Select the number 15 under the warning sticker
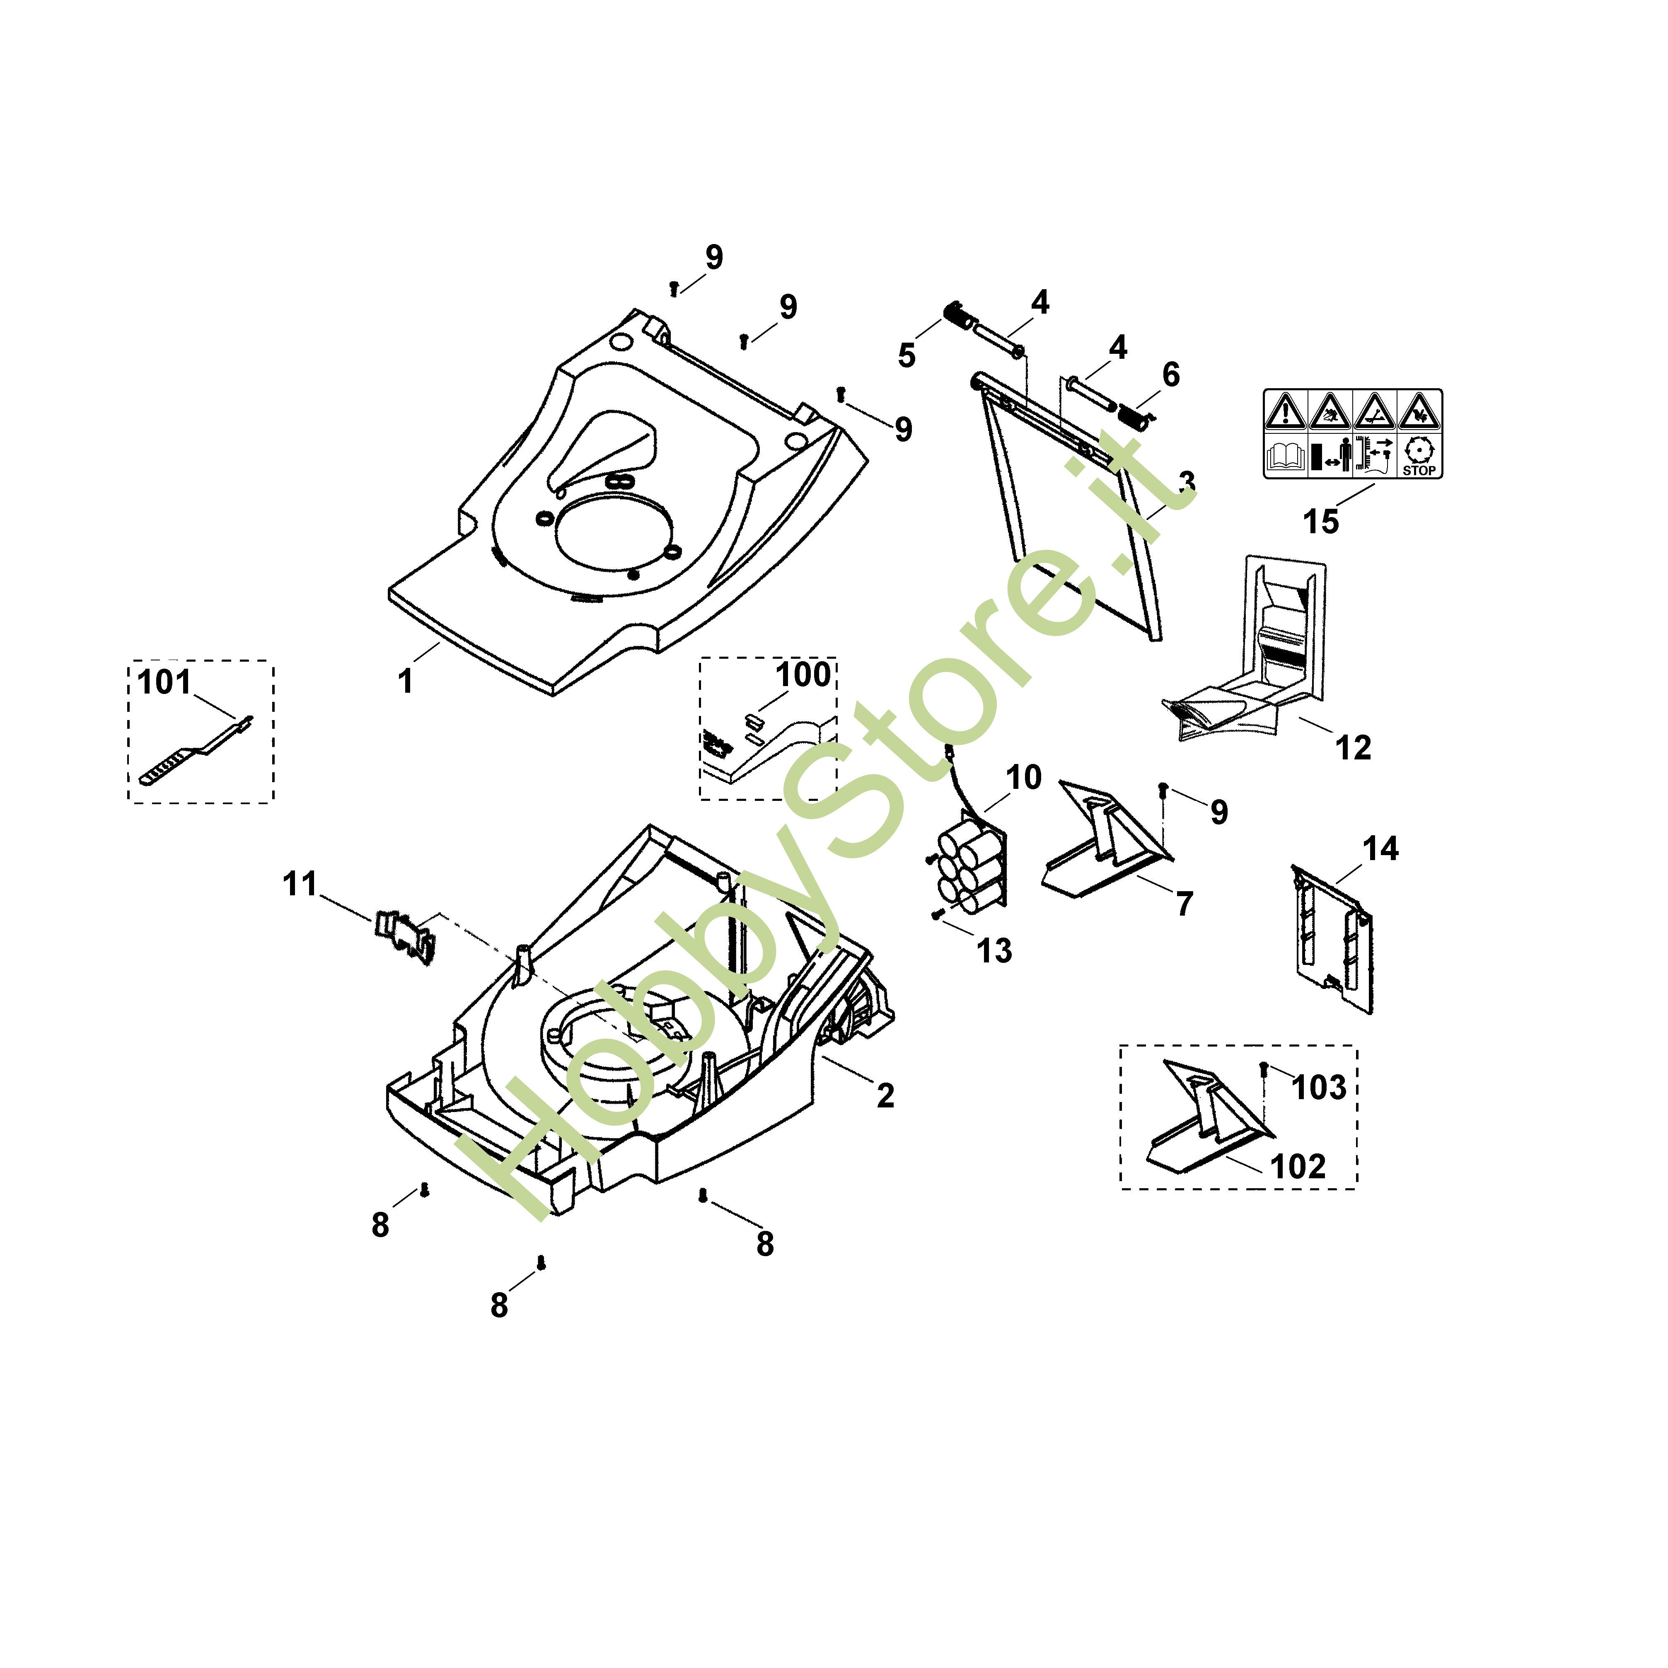tap(1321, 522)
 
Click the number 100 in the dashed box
tap(803, 674)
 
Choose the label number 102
tap(1298, 1166)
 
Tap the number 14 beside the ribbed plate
tap(1380, 849)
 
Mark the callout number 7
tap(1185, 904)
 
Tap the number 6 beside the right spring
tap(1171, 375)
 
